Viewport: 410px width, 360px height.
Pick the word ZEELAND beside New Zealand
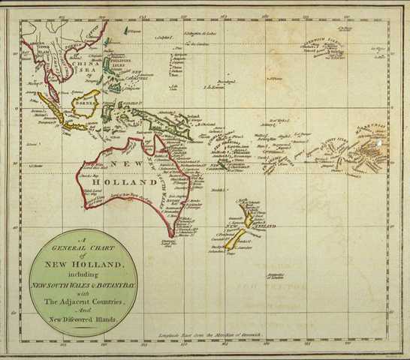(x=264, y=225)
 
